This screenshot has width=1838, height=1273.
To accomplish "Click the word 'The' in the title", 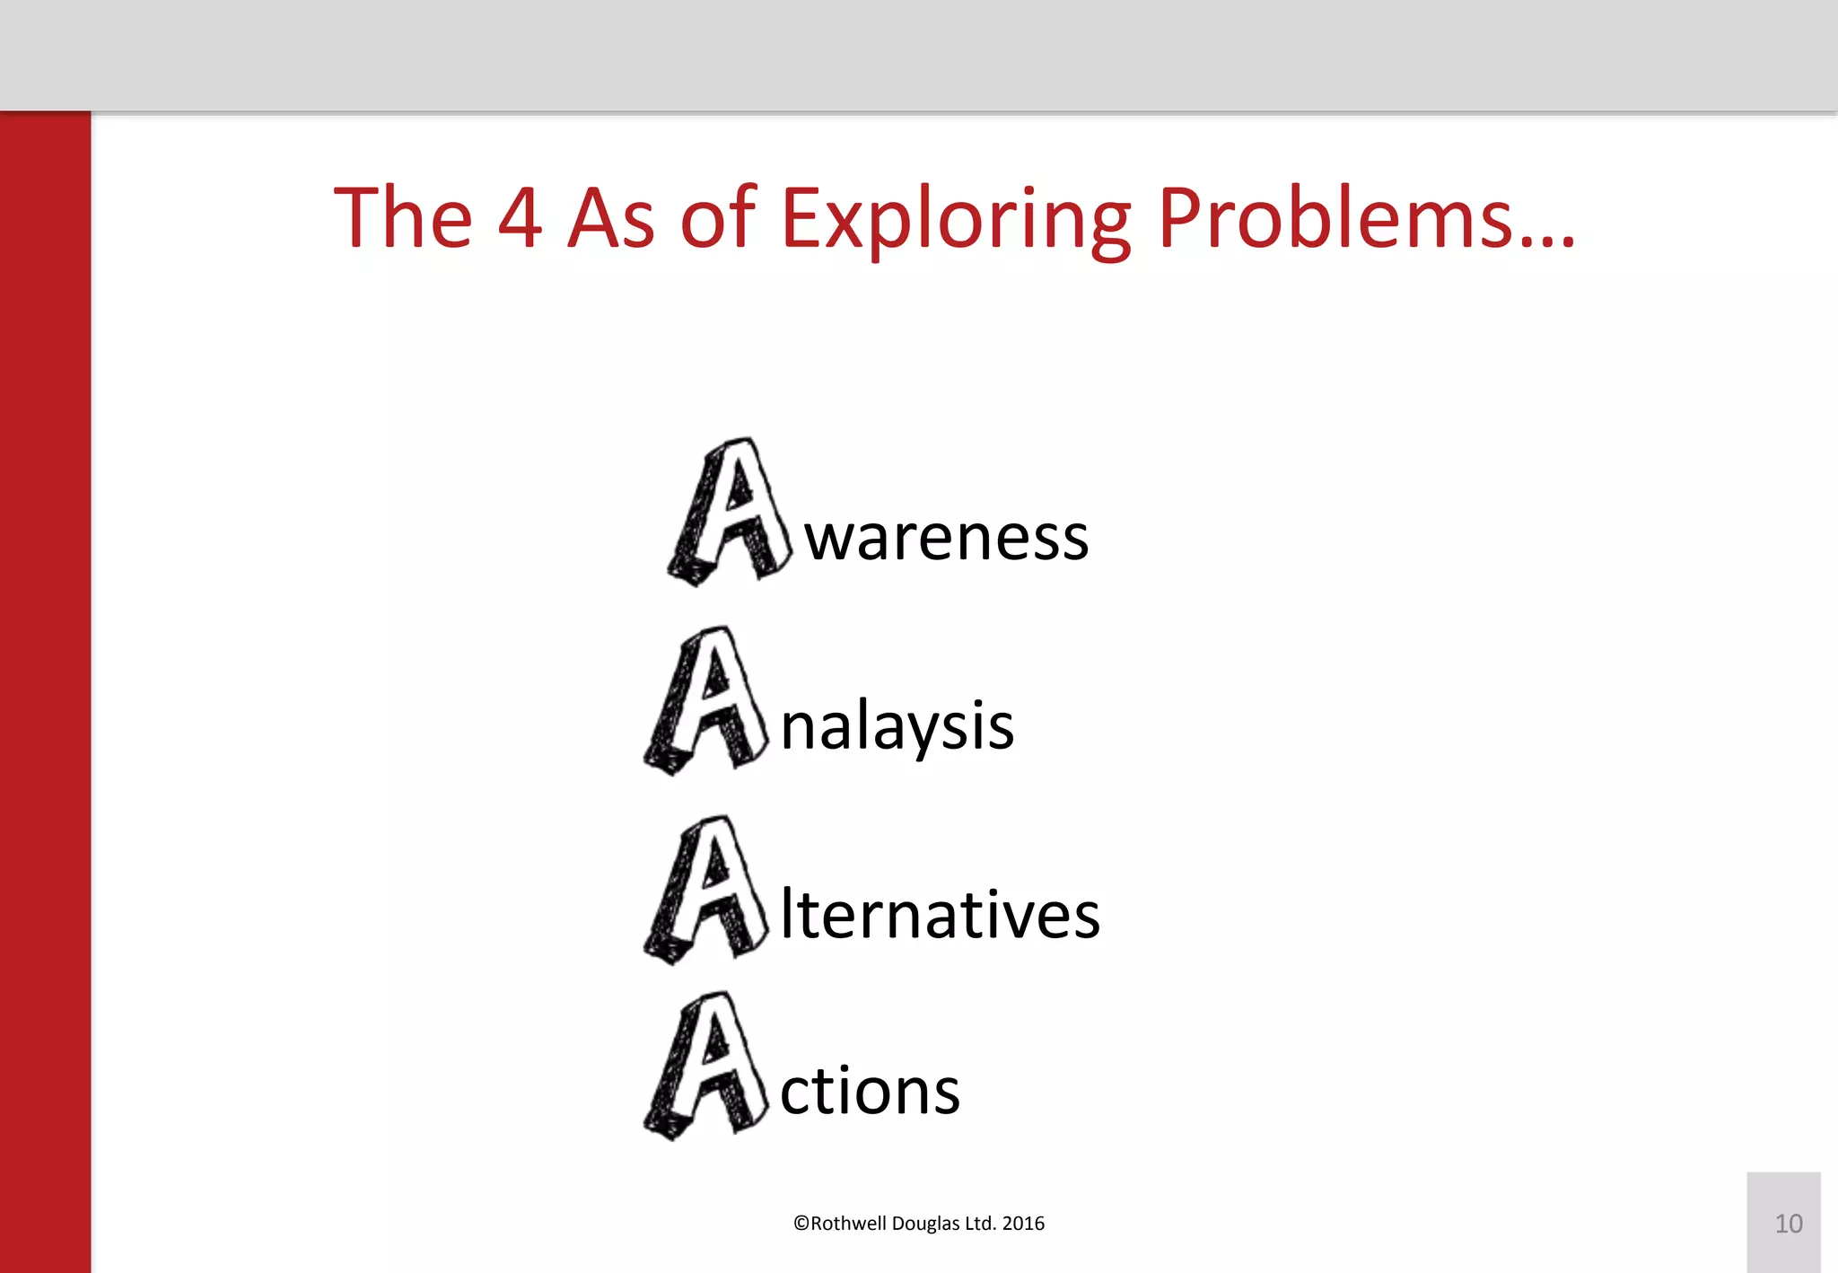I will coord(403,218).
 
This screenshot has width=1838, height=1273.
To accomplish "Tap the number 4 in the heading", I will coord(520,218).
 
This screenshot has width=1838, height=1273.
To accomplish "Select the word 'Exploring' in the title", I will coord(956,220).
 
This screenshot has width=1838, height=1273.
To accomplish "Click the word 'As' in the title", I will coord(611,218).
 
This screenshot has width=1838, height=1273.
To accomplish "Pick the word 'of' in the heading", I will coord(719,218).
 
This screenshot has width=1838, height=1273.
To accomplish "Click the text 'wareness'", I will coord(946,539).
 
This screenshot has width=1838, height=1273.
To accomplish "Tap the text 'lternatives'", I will coord(939,915).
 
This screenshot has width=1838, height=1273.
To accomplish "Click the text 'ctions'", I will coord(870,1091).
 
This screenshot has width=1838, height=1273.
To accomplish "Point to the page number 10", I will coord(1788,1224).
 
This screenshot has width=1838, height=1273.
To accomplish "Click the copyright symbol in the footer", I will coord(801,1224).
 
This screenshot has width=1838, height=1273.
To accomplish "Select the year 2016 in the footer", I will coord(1023,1224).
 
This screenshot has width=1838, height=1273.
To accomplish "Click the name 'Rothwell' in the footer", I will coord(848,1224).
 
